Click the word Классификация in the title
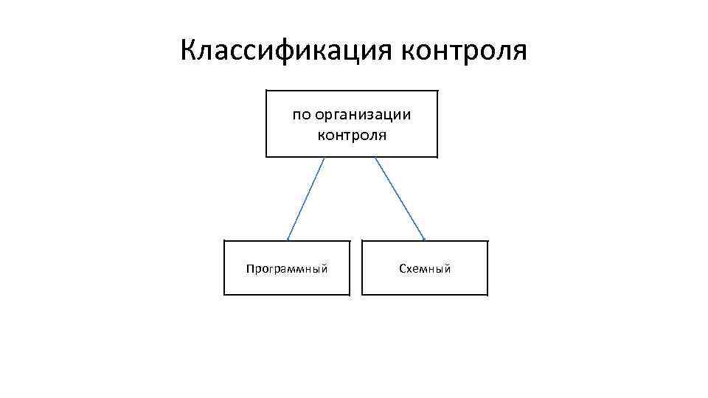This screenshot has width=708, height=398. pos(286,51)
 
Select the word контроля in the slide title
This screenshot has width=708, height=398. pos(464,51)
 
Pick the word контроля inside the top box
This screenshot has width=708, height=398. pos(352,135)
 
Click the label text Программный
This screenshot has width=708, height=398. pos(286,269)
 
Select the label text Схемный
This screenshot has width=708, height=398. pos(425,269)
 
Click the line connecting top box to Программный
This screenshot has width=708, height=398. pos(305,198)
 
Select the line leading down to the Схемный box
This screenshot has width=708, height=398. pos(400,198)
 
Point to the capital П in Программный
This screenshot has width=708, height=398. pos(249,269)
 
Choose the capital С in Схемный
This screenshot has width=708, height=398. pos(402,269)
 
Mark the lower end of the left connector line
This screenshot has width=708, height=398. pos(287,240)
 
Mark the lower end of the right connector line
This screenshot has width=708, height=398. pos(425,240)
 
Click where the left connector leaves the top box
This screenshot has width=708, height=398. pos(324,158)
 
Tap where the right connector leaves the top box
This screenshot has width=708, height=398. pos(375,158)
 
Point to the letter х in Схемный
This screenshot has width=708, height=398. pos(409,270)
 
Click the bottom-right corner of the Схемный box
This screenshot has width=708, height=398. pos(487,295)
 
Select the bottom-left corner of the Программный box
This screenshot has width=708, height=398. pos(224,295)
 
